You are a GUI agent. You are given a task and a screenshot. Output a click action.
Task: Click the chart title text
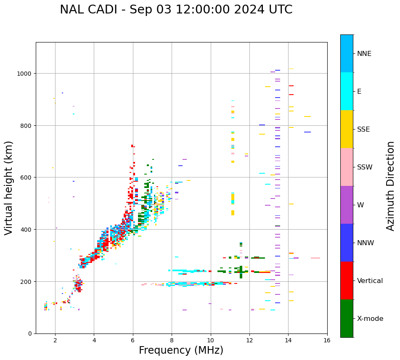click(176, 10)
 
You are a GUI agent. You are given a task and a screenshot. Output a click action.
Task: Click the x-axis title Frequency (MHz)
click(181, 350)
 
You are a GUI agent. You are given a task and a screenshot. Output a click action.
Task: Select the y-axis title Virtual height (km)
click(9, 188)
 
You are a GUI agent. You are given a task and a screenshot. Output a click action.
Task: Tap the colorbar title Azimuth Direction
click(391, 186)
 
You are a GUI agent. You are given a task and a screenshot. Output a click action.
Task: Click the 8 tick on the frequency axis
click(172, 341)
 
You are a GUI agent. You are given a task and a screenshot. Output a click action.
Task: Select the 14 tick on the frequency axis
click(288, 341)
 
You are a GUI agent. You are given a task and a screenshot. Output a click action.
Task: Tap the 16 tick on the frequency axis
click(327, 341)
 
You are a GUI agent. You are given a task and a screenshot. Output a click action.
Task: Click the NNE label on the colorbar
click(364, 53)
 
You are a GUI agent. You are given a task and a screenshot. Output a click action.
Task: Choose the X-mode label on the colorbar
click(370, 318)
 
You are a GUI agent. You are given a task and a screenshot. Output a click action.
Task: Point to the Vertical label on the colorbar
click(370, 281)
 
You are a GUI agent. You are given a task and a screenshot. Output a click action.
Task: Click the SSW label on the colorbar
click(365, 167)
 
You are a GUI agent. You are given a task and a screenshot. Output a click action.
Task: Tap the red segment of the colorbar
click(347, 281)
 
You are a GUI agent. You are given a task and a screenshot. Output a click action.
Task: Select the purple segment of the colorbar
click(347, 205)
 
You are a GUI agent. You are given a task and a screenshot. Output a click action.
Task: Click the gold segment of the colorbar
click(347, 129)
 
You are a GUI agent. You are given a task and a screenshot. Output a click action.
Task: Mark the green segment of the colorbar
click(347, 318)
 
